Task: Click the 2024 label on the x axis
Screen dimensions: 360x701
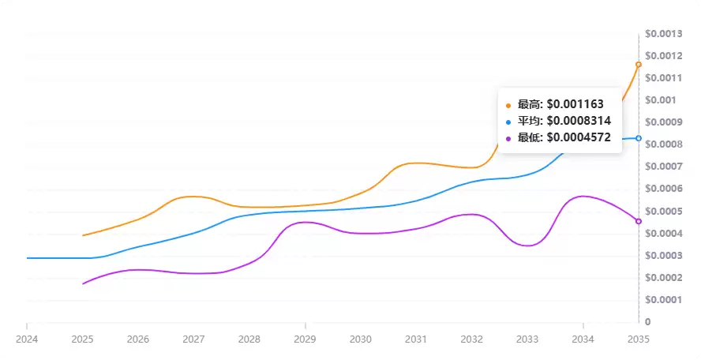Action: (26, 339)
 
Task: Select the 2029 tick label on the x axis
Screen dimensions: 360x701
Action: (305, 339)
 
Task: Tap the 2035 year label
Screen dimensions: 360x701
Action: (639, 339)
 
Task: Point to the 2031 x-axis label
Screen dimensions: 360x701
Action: (416, 339)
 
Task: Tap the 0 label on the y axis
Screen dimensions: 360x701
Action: (648, 322)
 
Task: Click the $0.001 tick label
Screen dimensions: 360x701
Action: (661, 99)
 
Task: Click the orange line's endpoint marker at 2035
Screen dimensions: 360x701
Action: (639, 65)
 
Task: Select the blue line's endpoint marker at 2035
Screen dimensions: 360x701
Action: (639, 138)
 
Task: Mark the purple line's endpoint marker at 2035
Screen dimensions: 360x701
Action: (639, 221)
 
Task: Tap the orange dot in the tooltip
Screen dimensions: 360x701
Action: (508, 105)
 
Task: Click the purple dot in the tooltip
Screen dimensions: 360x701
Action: (508, 138)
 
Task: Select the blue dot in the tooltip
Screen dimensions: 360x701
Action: (508, 122)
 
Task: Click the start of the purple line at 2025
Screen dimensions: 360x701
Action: (83, 283)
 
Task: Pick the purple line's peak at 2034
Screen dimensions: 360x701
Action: (583, 196)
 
